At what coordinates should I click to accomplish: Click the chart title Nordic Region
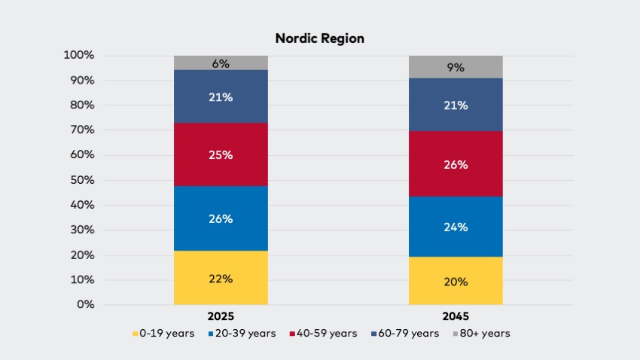click(319, 38)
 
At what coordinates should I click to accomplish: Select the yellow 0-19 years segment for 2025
click(221, 278)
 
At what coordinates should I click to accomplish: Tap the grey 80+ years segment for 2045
click(456, 67)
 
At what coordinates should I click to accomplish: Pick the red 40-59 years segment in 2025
click(221, 154)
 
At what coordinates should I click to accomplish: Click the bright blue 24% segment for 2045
click(456, 227)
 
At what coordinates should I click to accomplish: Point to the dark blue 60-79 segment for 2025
click(221, 96)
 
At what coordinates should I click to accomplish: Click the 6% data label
click(221, 64)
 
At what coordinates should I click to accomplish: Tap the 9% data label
click(456, 67)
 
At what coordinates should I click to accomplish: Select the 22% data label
click(221, 279)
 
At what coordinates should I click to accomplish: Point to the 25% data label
click(221, 155)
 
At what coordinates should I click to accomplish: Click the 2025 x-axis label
click(221, 316)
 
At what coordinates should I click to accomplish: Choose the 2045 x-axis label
click(456, 316)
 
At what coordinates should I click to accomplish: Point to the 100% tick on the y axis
click(79, 55)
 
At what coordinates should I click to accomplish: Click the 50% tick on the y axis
click(82, 180)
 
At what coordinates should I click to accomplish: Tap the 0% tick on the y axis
click(86, 304)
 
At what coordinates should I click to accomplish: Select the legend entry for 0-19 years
click(163, 334)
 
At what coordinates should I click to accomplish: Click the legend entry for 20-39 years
click(242, 334)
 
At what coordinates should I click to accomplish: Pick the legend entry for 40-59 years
click(323, 334)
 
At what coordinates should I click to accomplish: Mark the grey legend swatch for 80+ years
click(456, 334)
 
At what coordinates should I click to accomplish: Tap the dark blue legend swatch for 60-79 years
click(374, 334)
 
